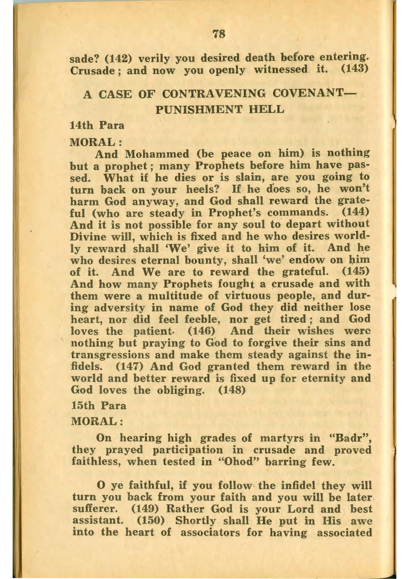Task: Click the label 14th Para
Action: coord(97,125)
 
